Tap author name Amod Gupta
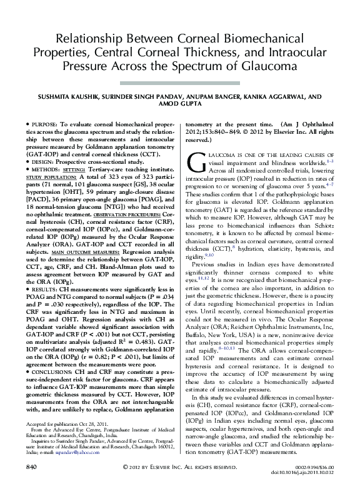pyautogui.click(x=180, y=106)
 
